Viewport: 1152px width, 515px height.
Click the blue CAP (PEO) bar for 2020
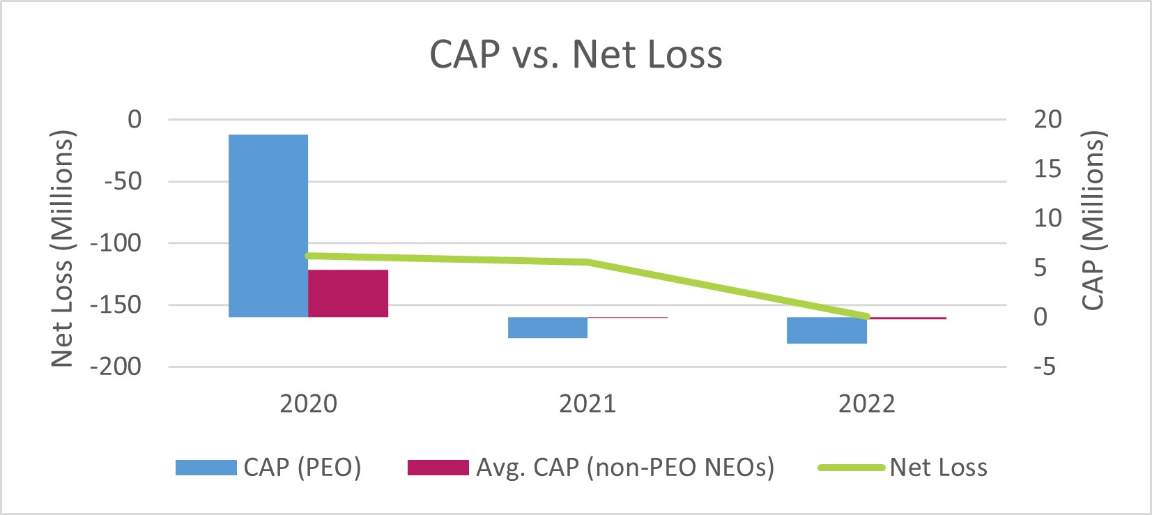(x=268, y=226)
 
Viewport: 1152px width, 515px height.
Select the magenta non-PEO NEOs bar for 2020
(x=348, y=293)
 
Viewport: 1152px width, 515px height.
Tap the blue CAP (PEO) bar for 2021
(x=548, y=328)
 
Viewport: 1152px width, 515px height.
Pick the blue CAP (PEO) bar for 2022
(x=827, y=330)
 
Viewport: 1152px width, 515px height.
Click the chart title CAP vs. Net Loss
(x=576, y=54)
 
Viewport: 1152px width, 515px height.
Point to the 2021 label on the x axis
(x=587, y=404)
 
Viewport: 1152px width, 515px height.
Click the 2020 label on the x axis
(x=308, y=404)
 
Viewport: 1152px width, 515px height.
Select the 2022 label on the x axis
(x=866, y=404)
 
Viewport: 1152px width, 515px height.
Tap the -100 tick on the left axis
(x=116, y=243)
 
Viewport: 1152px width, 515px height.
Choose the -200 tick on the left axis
(x=116, y=367)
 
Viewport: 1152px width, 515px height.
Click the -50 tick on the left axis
(x=123, y=181)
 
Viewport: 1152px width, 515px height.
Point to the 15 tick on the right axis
(x=1047, y=169)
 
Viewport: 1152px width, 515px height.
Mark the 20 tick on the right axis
(x=1047, y=119)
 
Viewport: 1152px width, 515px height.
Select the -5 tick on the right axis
(x=1045, y=367)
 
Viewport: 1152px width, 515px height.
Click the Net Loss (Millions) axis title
(x=63, y=249)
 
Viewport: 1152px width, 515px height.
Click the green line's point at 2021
(x=587, y=262)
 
